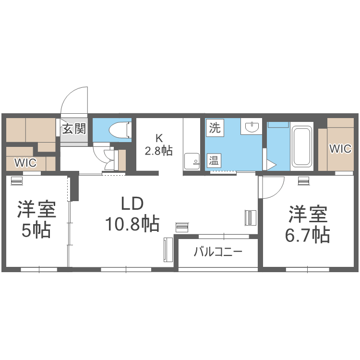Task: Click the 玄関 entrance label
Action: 74,129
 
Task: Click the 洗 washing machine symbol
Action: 214,128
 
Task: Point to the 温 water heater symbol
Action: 214,161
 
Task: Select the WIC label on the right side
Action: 340,149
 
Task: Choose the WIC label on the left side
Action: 25,163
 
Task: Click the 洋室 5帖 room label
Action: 36,220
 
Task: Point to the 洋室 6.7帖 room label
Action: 308,224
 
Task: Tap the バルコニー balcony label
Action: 218,252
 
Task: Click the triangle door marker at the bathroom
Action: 271,165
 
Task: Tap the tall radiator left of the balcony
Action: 168,250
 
